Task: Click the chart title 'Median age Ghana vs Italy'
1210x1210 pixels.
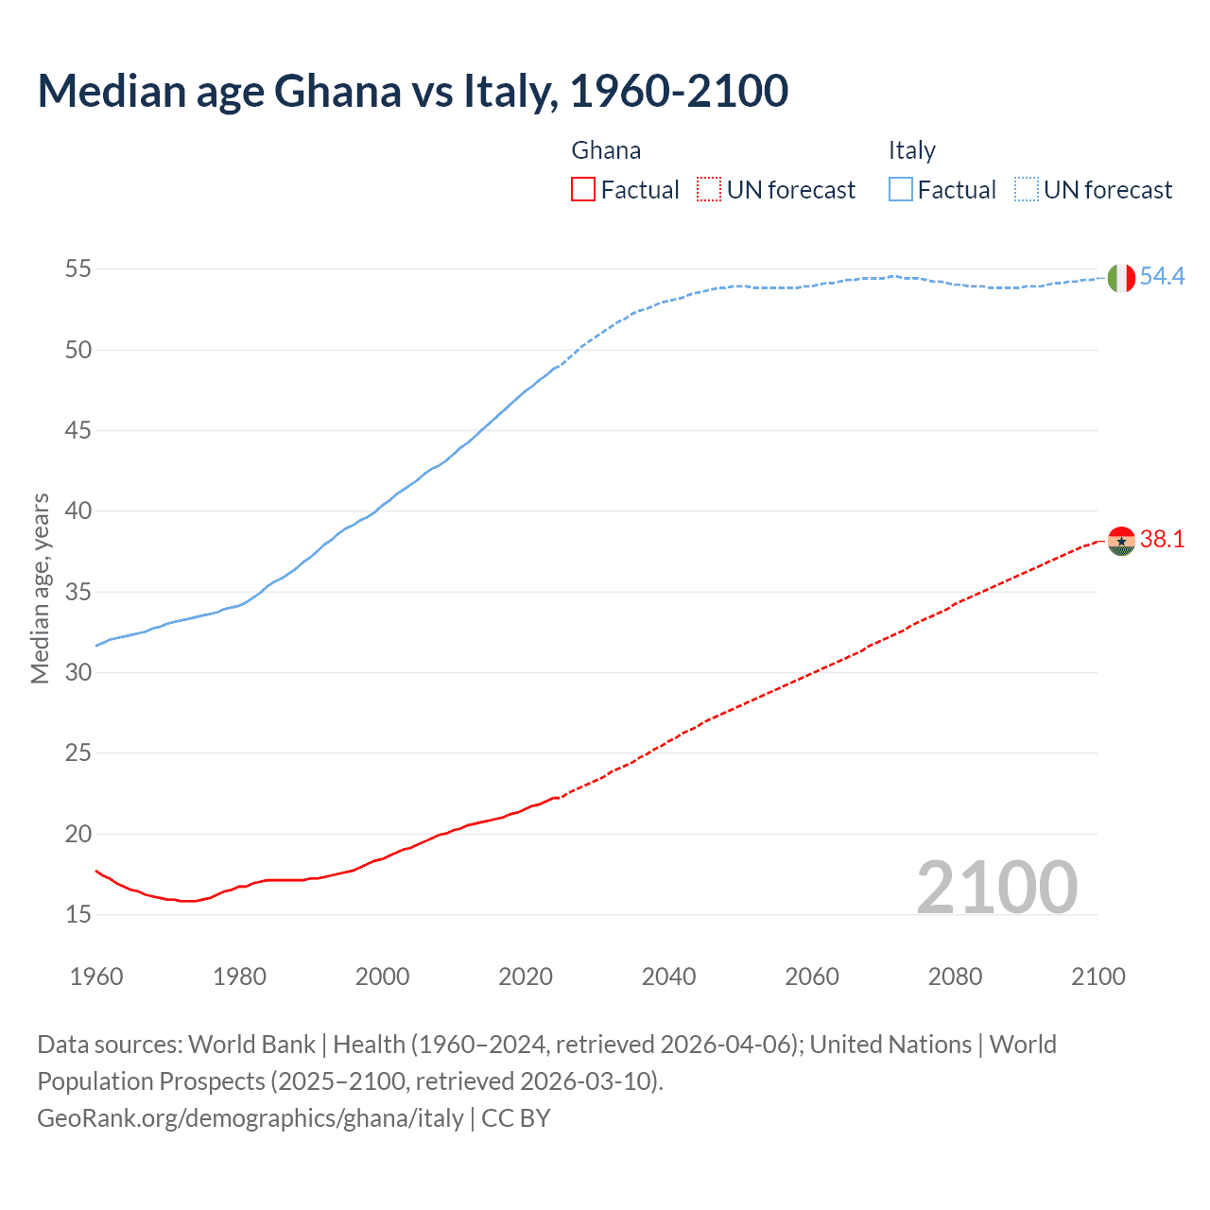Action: tap(412, 92)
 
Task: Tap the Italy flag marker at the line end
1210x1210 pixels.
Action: tap(1121, 278)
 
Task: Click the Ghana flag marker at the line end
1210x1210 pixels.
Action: tap(1121, 541)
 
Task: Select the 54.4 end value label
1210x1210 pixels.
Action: tap(1162, 277)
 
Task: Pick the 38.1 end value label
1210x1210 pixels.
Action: tap(1162, 540)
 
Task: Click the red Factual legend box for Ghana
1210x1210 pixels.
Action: tap(583, 190)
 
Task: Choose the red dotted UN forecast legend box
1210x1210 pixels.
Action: tap(709, 190)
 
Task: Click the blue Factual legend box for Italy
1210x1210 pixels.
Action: tap(900, 190)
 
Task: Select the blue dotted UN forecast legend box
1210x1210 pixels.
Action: tap(1026, 190)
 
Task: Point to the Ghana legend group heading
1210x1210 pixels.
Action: tap(606, 150)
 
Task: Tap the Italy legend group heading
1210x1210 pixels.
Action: tap(911, 150)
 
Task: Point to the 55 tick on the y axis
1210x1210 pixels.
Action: tap(78, 269)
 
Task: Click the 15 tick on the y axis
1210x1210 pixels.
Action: tap(78, 915)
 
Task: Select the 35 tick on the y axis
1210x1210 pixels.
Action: tap(78, 593)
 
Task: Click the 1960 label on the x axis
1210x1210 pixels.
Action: tap(96, 977)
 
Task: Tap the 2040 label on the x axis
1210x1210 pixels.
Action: tap(668, 977)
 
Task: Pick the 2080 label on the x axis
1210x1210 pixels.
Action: tap(955, 977)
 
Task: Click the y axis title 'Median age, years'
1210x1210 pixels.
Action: tap(40, 588)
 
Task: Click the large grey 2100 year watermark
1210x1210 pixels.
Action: tap(996, 888)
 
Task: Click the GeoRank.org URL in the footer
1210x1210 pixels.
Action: tap(251, 1118)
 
